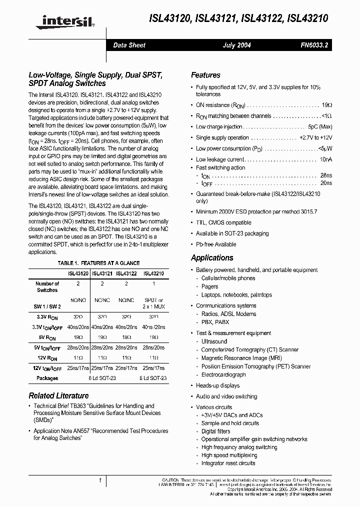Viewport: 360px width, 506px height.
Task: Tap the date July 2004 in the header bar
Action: point(236,45)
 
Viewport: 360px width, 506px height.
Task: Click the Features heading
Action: point(205,75)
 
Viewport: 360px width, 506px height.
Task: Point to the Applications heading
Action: point(212,258)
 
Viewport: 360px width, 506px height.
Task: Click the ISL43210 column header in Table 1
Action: point(153,273)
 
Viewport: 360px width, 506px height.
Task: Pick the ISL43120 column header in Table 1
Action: point(78,273)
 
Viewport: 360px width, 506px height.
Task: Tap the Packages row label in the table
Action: point(47,378)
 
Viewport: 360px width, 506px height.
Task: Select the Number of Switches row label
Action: point(47,287)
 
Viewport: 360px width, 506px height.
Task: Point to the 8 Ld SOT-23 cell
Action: point(102,378)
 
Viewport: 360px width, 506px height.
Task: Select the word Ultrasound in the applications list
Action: point(214,341)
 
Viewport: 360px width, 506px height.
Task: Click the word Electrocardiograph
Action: point(223,374)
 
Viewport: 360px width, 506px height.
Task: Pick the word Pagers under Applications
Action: point(210,286)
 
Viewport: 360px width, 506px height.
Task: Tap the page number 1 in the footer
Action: point(100,480)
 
